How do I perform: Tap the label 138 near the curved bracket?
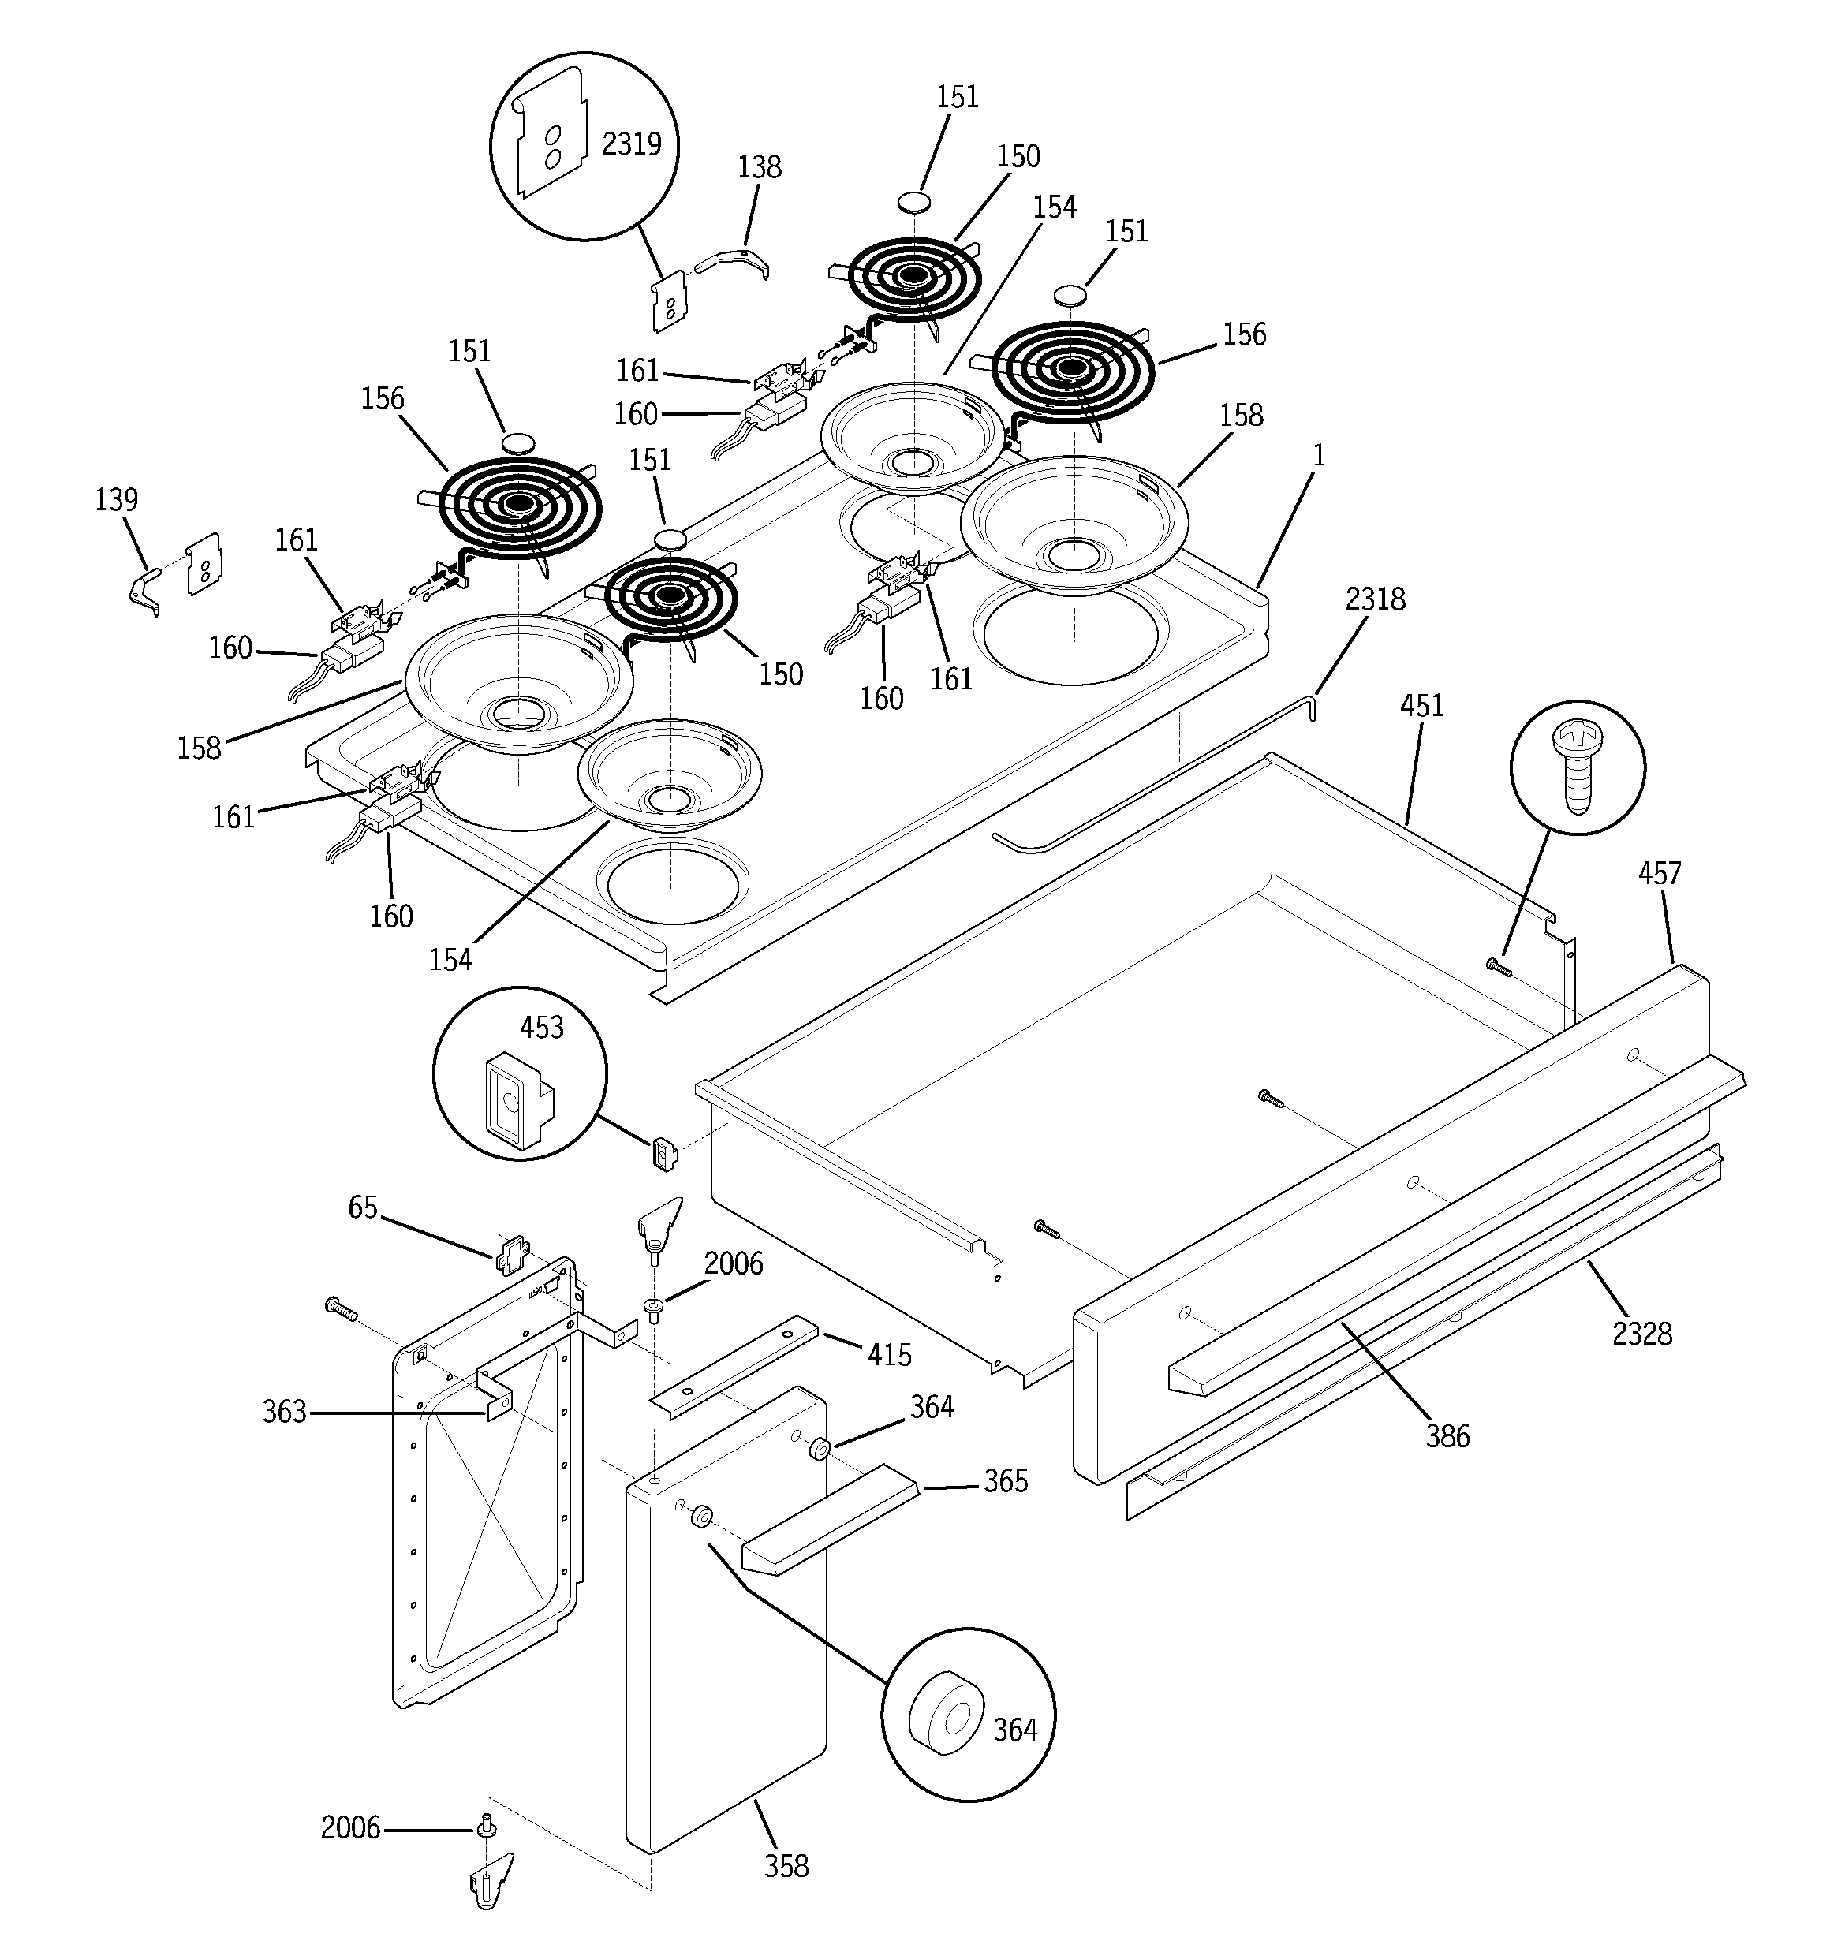pos(760,167)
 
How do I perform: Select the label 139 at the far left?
pos(116,500)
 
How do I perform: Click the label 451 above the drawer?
pos(1421,705)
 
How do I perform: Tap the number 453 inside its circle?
pos(541,1027)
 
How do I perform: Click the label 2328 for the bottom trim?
pos(1641,1334)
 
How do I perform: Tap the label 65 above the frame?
pos(363,1207)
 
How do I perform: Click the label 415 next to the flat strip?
pos(889,1355)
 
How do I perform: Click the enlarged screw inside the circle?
pos(1575,766)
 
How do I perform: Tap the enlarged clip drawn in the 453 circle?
pos(516,1099)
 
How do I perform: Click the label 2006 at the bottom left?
pos(349,1827)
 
